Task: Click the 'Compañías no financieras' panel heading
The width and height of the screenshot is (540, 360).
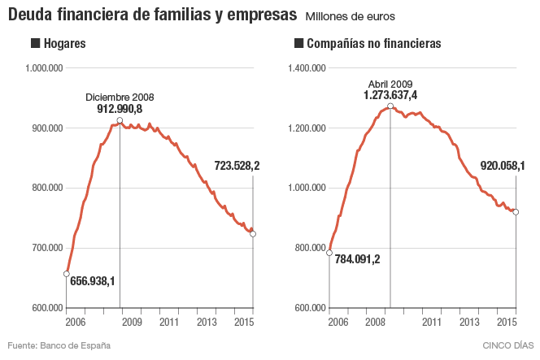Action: (x=369, y=44)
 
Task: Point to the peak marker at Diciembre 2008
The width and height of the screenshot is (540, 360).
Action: (x=120, y=120)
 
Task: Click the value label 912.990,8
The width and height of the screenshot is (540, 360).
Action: (x=120, y=108)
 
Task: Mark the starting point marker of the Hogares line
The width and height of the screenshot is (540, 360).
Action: (x=66, y=273)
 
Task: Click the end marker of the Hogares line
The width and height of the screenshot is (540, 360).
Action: (x=253, y=234)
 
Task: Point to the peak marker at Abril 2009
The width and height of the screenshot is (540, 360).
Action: (x=390, y=106)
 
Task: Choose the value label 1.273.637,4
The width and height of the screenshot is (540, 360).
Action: (x=390, y=95)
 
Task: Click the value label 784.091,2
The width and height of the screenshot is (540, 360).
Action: (x=357, y=259)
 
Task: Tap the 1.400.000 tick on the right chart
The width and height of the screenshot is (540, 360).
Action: (x=307, y=68)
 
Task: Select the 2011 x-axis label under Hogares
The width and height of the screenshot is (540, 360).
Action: (x=169, y=323)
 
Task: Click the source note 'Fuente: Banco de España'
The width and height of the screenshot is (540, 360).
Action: (x=59, y=345)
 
